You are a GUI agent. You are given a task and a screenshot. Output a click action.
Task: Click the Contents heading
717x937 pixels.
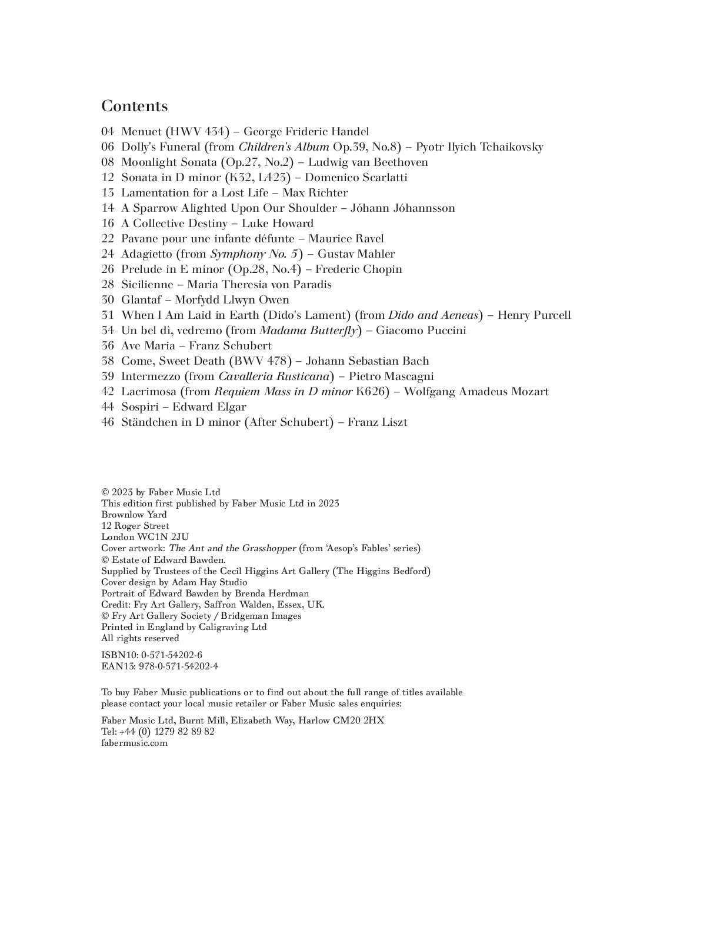[x=134, y=106]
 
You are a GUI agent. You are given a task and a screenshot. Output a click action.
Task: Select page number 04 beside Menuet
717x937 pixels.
[x=108, y=132]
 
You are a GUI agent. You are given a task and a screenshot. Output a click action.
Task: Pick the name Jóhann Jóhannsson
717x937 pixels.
[x=402, y=208]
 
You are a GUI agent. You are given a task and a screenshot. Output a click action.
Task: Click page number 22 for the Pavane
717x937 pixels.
[x=108, y=239]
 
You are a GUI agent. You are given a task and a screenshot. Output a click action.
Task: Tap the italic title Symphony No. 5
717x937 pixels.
[x=254, y=254]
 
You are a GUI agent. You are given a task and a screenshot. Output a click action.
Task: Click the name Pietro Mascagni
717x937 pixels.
[x=391, y=376]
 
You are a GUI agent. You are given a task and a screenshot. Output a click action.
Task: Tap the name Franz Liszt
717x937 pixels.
[x=377, y=422]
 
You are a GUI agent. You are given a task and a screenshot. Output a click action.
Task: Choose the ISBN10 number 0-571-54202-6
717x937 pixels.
[x=171, y=655]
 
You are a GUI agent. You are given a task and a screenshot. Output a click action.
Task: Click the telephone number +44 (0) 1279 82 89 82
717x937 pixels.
[x=166, y=732]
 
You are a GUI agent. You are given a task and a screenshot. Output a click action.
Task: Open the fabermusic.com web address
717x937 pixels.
[x=134, y=743]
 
